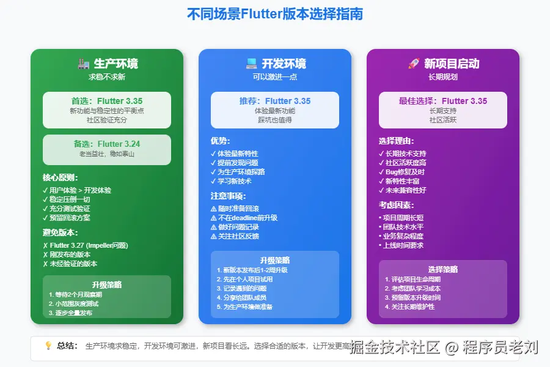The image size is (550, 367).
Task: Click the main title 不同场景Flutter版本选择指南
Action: tap(275, 14)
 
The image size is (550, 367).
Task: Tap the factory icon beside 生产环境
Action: tap(84, 64)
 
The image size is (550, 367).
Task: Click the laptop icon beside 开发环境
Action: tap(251, 64)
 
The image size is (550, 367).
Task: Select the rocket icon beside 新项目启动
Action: tap(413, 64)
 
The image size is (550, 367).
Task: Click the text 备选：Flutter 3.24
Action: tap(107, 144)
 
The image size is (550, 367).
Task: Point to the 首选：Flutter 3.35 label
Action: tap(107, 101)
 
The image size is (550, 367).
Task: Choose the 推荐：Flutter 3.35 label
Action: tap(275, 101)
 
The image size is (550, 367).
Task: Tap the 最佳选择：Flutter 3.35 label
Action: tap(443, 101)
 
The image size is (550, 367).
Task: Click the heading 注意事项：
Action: tap(228, 196)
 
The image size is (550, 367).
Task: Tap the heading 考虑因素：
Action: tap(396, 205)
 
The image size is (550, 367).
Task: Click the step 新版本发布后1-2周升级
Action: tap(255, 270)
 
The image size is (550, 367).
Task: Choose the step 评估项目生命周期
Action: tap(416, 280)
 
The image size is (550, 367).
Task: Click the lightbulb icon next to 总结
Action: tap(48, 346)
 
